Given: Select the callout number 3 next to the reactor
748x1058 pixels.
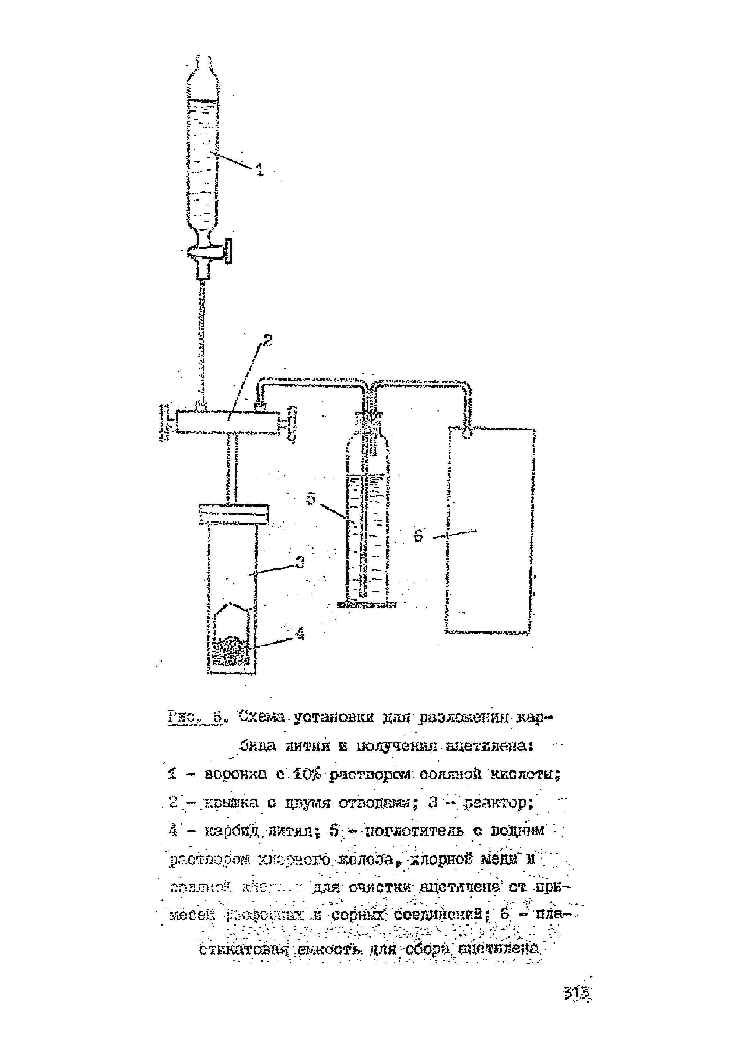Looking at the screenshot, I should tap(300, 563).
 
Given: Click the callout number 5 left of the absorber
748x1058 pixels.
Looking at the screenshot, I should tap(311, 499).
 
